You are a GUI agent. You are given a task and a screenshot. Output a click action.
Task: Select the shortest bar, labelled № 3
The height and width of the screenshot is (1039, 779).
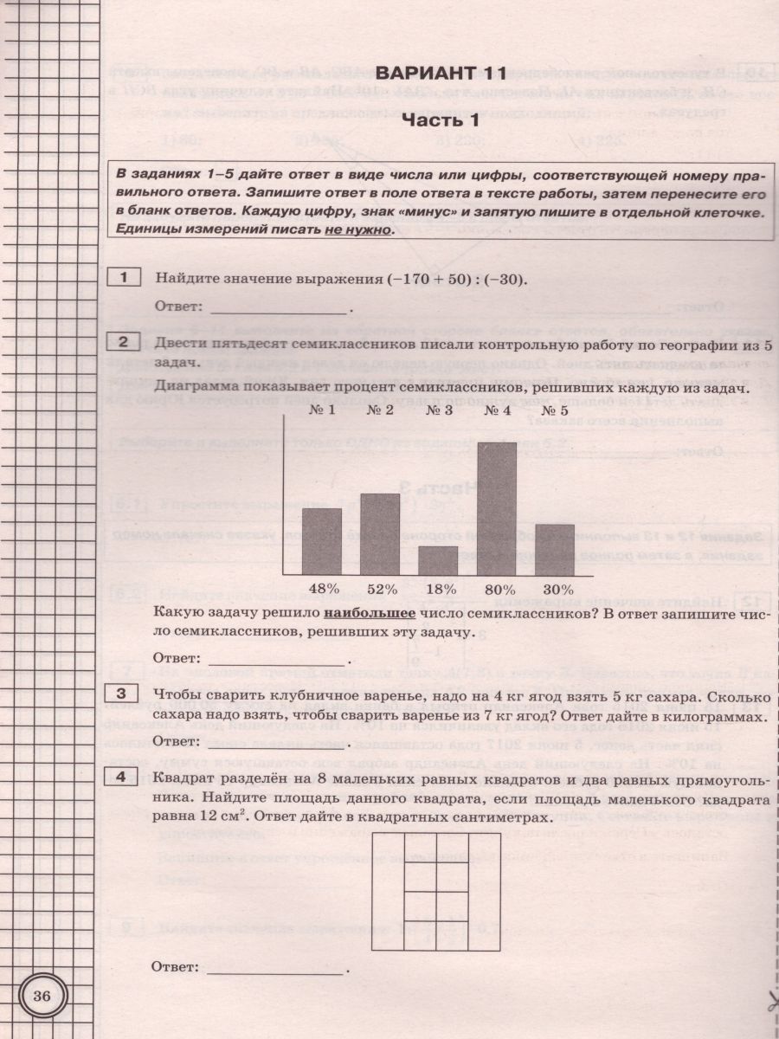(438, 561)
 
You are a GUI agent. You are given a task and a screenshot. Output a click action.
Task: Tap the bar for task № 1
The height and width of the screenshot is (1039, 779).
(321, 542)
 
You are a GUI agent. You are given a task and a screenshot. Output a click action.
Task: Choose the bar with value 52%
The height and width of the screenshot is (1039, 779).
(380, 534)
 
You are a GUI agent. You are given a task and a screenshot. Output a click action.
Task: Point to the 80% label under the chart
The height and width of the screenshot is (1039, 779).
(497, 589)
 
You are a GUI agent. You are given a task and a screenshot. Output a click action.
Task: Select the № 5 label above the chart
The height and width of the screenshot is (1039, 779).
(554, 410)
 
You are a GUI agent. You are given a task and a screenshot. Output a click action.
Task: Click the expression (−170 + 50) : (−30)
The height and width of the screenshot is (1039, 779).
(437, 279)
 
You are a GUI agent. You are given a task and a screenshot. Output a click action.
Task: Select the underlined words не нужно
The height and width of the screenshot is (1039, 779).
(357, 230)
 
